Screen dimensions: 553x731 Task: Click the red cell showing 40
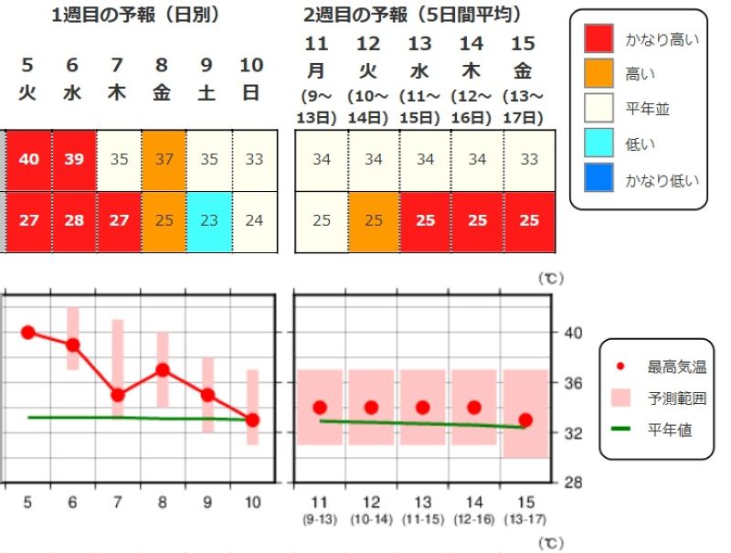[x=29, y=159]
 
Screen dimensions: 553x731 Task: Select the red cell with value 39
[x=74, y=159]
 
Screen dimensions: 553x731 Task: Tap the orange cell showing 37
[x=164, y=159]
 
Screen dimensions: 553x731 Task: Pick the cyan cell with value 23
[x=208, y=221]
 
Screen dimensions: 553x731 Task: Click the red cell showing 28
[x=74, y=221]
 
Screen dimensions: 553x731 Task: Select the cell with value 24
[x=253, y=221]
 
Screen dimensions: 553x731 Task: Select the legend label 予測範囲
[x=676, y=398]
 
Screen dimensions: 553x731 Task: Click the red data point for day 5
[x=27, y=332]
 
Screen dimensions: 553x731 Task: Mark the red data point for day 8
[x=163, y=370]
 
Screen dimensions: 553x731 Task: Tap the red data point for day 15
[x=525, y=420]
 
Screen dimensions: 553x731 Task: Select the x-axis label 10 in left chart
[x=252, y=502]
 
